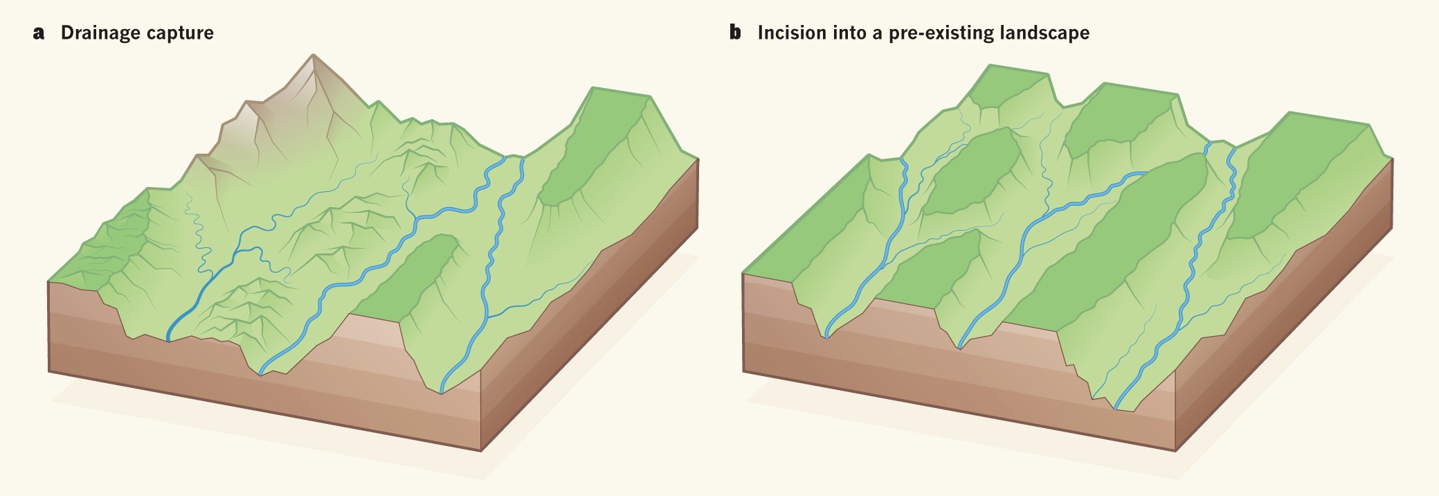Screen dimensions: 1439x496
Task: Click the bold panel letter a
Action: point(39,33)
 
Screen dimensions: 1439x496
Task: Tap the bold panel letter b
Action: point(735,33)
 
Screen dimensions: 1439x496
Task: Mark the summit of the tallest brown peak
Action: point(313,55)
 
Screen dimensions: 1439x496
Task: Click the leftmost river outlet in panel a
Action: point(169,341)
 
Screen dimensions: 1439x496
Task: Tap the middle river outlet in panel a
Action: point(261,374)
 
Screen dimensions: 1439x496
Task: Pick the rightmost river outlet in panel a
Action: point(441,392)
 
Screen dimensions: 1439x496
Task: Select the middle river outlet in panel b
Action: point(960,347)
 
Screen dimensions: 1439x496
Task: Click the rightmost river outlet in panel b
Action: point(1116,409)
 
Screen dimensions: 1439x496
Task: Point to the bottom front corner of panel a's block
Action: point(482,450)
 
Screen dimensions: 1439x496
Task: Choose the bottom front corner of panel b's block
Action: point(1176,450)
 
